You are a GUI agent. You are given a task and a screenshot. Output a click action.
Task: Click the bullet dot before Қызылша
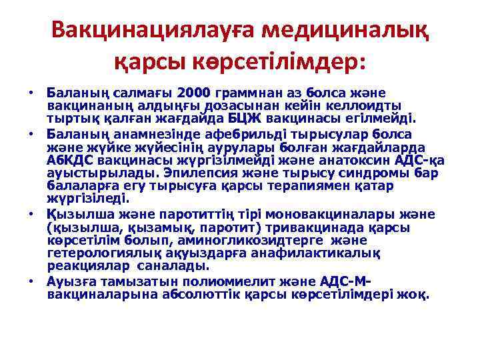31,214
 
